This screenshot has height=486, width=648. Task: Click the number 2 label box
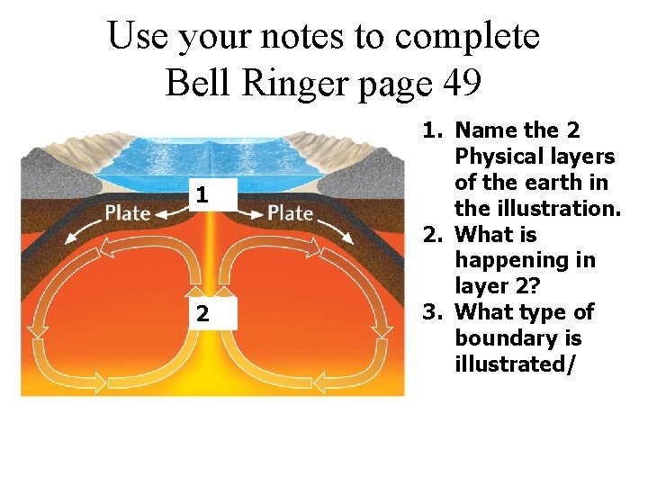tap(203, 314)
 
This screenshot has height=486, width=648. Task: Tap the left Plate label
tap(126, 213)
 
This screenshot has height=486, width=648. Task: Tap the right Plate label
tap(290, 213)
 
